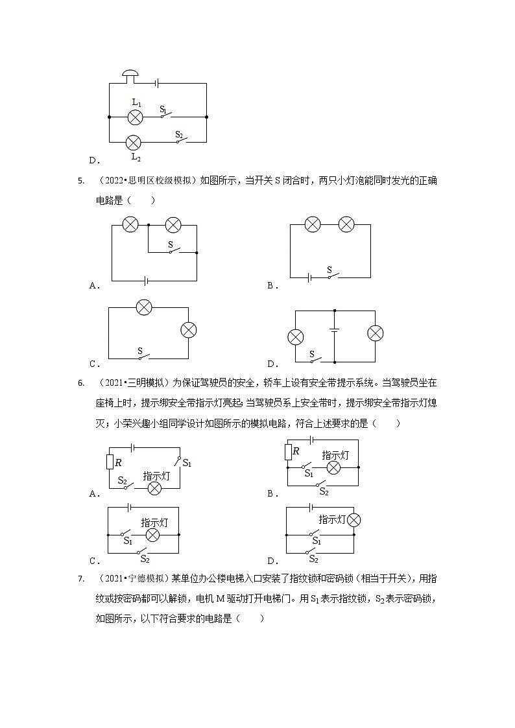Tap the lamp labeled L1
click(135, 117)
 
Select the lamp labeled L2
click(134, 142)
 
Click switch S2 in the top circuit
click(180, 139)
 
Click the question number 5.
click(80, 181)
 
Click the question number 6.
click(80, 383)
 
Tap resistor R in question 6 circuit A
click(109, 462)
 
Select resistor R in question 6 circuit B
click(287, 451)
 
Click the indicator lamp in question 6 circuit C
click(152, 535)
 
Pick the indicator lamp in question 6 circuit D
click(353, 519)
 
